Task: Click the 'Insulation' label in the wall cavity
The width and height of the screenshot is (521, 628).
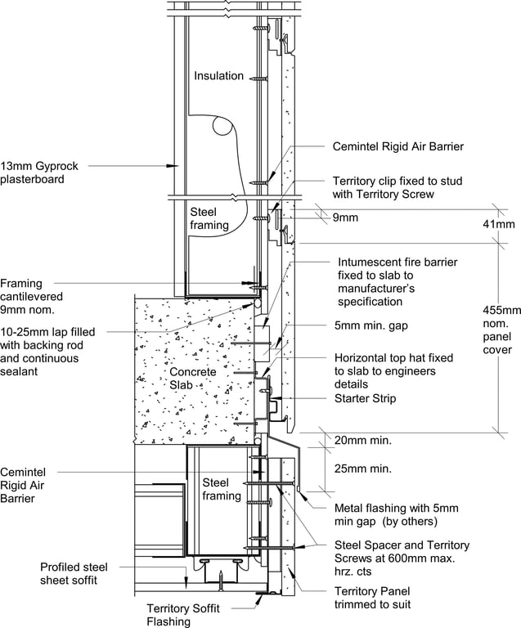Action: click(218, 76)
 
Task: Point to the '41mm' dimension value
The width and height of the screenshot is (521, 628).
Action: click(498, 224)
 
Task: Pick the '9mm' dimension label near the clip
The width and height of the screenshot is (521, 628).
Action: click(346, 218)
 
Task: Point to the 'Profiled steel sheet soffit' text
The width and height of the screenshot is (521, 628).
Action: click(74, 573)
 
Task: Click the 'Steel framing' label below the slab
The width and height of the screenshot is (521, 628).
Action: click(221, 489)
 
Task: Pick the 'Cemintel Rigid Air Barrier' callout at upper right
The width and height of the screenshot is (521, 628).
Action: click(398, 147)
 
